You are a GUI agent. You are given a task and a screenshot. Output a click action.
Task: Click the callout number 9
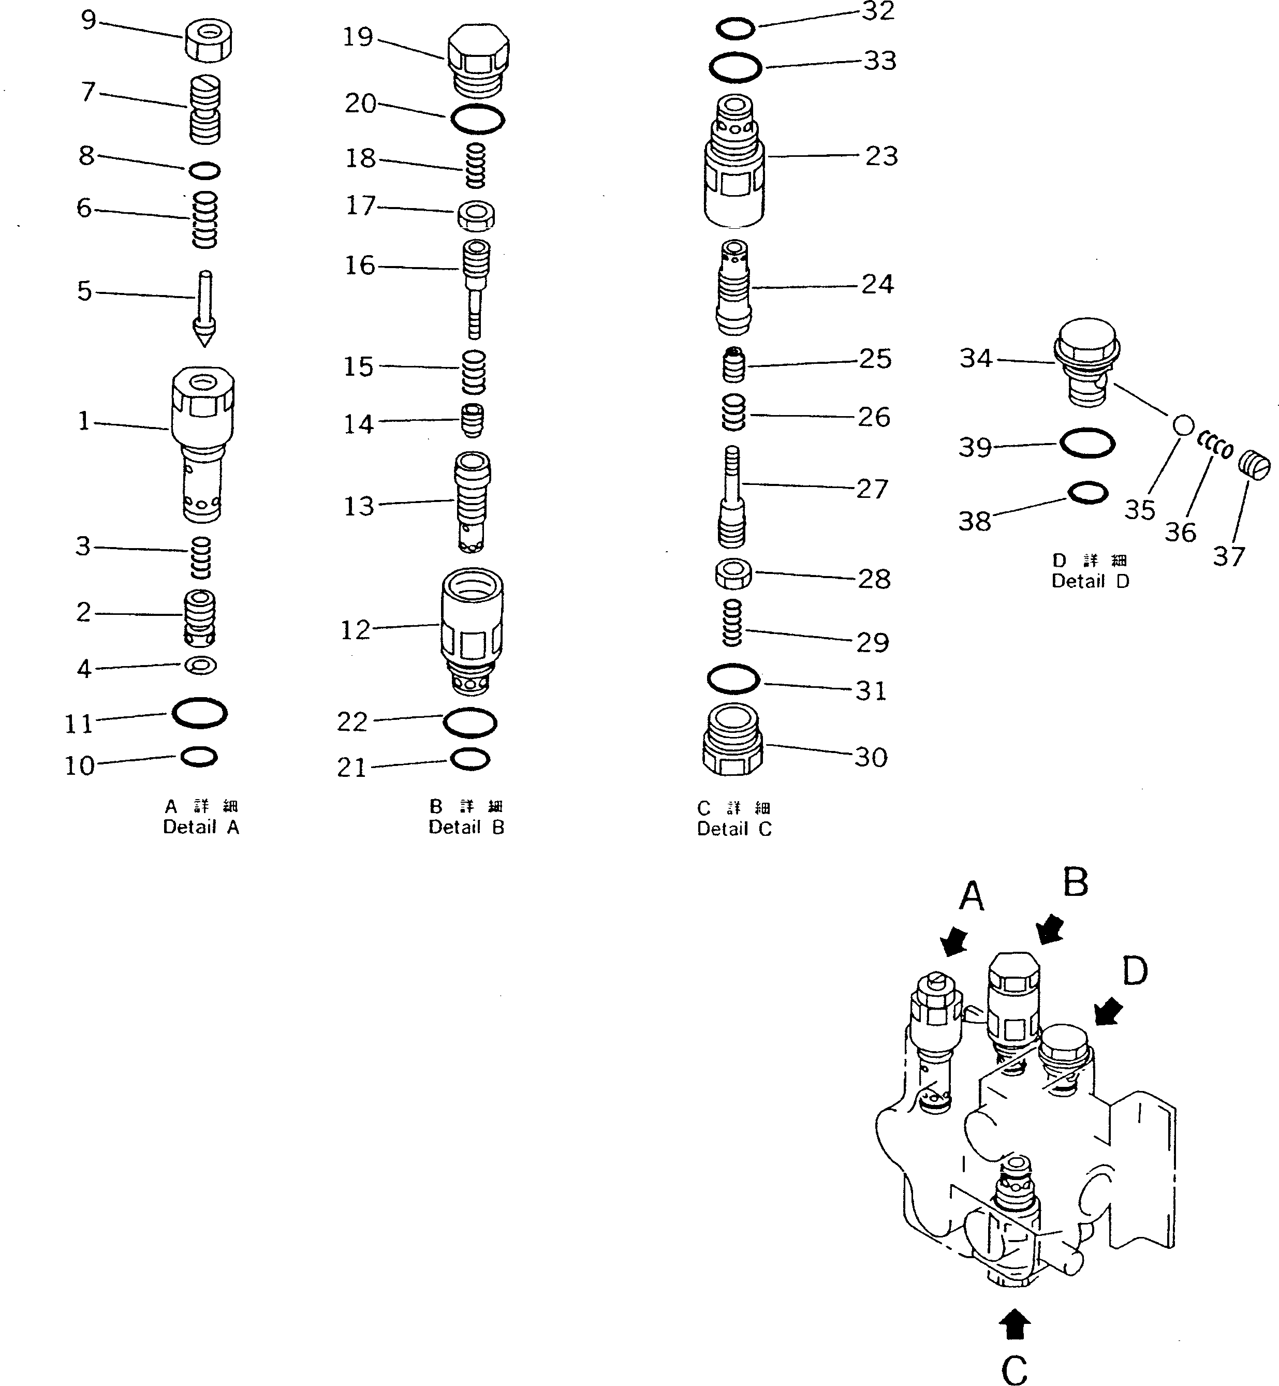(x=89, y=20)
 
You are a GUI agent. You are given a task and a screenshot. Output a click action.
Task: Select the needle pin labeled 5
(x=205, y=308)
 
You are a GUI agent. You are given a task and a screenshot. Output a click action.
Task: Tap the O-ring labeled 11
(x=199, y=713)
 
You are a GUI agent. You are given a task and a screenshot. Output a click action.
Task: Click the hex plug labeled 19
(x=478, y=61)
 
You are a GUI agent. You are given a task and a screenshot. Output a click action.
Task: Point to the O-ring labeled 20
(x=478, y=120)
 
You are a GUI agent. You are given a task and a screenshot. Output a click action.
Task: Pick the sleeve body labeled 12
(x=472, y=630)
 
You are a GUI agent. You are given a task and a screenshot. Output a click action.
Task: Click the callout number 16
(x=360, y=265)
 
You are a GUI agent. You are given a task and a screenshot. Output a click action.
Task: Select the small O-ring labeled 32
(x=735, y=29)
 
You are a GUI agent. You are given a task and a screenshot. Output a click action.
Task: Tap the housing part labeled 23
(x=734, y=163)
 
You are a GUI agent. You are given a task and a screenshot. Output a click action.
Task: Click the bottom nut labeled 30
(x=732, y=741)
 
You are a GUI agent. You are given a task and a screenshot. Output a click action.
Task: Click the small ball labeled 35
(x=1184, y=425)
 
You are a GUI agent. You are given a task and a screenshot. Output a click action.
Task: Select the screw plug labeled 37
(x=1254, y=464)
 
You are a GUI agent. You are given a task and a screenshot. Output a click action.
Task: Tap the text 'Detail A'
(x=201, y=827)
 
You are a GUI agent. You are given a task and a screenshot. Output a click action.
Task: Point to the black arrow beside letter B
(x=1051, y=928)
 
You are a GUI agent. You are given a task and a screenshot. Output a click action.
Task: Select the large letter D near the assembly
(x=1135, y=971)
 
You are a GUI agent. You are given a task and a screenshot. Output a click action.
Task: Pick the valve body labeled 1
(x=202, y=443)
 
